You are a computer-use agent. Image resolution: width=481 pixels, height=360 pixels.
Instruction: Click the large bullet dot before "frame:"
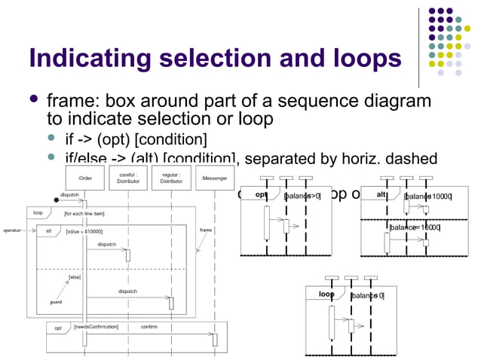pyautogui.click(x=33, y=100)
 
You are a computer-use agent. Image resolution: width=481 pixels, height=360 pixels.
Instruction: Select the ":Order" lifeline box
pyautogui.click(x=84, y=178)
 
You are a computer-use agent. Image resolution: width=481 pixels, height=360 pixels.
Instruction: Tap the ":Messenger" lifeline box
pyautogui.click(x=214, y=178)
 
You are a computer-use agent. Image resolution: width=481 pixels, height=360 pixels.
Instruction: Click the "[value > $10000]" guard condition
pyautogui.click(x=84, y=231)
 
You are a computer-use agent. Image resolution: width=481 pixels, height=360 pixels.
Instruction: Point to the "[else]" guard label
pyautogui.click(x=75, y=277)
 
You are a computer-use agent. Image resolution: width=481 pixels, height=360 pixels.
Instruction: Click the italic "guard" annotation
pyautogui.click(x=56, y=301)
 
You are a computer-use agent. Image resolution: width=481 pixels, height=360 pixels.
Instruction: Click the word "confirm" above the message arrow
pyautogui.click(x=149, y=327)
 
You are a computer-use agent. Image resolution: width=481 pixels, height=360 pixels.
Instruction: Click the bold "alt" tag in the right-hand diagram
pyautogui.click(x=381, y=195)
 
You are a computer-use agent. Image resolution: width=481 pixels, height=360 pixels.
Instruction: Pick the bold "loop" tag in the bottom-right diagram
pyautogui.click(x=326, y=294)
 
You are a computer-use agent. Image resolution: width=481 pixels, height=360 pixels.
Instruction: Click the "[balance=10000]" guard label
pyautogui.click(x=415, y=227)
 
